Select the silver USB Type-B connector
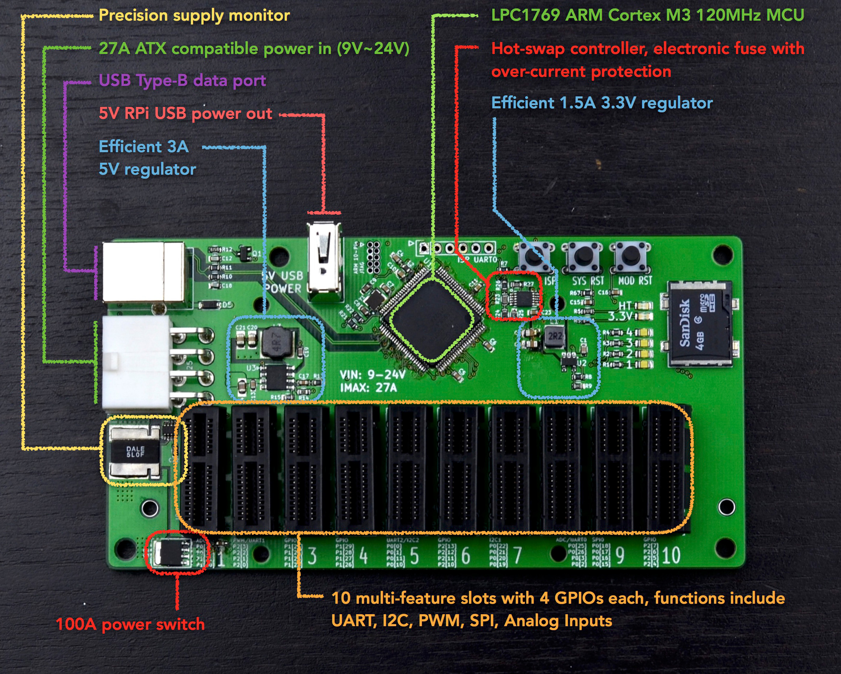[x=143, y=272]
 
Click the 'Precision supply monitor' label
[x=194, y=16]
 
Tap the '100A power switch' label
[x=130, y=624]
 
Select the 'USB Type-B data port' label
[x=182, y=80]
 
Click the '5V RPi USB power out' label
[x=185, y=113]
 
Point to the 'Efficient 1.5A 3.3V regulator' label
[x=602, y=103]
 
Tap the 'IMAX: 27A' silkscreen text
[x=368, y=388]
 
